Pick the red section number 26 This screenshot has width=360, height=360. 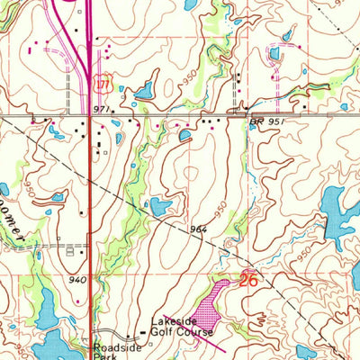pos(251,281)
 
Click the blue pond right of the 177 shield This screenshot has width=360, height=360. pos(143,90)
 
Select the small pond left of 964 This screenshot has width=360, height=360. pos(159,207)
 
